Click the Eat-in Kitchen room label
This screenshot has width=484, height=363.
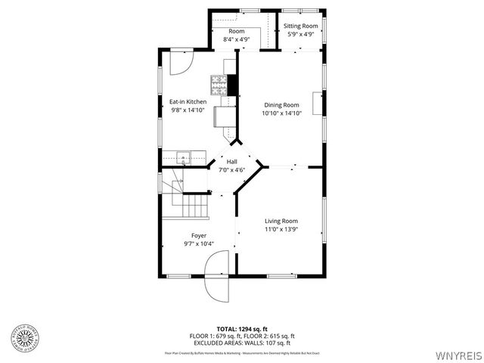188,102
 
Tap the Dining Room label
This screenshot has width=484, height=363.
281,105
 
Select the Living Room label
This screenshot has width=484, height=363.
281,221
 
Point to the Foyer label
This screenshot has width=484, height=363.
199,236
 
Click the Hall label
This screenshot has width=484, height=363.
232,162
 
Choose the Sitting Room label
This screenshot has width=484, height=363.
301,26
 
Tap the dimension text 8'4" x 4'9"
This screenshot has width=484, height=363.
236,39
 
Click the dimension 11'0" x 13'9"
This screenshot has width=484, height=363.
281,229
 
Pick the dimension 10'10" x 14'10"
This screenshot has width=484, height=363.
281,113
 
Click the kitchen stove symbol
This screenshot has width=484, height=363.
219,82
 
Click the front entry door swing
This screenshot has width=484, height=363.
216,279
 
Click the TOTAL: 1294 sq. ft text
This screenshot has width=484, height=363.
242,329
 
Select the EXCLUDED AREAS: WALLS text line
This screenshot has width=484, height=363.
242,342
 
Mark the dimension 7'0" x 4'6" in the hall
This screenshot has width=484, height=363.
232,170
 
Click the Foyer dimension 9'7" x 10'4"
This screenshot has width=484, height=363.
199,244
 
